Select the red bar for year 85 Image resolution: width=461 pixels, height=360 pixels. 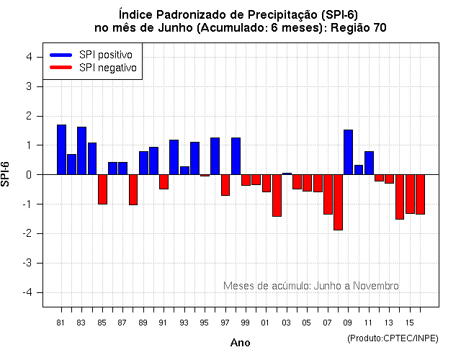[102, 189]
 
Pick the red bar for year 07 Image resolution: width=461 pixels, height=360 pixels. [328, 194]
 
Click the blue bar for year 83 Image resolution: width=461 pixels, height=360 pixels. [81, 150]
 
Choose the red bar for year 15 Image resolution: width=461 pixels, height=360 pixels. [410, 194]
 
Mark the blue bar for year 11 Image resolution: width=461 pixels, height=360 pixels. [369, 163]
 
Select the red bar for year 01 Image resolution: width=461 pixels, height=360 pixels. [267, 183]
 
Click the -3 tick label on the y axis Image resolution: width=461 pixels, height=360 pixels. [29, 263]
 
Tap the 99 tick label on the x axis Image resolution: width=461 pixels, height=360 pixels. [246, 322]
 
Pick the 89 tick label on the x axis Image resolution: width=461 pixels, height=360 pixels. [143, 322]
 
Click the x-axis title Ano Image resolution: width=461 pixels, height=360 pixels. [240, 343]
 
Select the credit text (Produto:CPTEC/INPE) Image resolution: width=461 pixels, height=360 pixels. [393, 338]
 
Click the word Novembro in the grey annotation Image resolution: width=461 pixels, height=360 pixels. [372, 286]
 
